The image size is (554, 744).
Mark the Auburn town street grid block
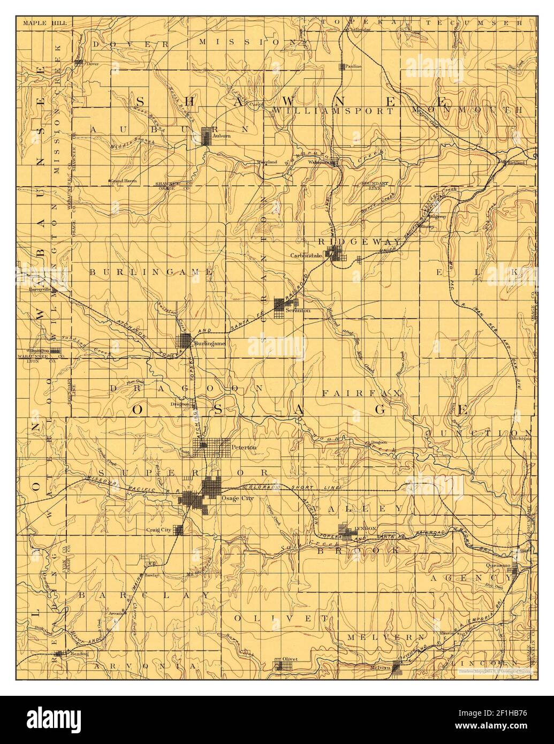coord(207,135)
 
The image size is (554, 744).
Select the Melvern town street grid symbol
coord(397,666)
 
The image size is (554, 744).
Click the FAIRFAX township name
coord(361,393)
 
